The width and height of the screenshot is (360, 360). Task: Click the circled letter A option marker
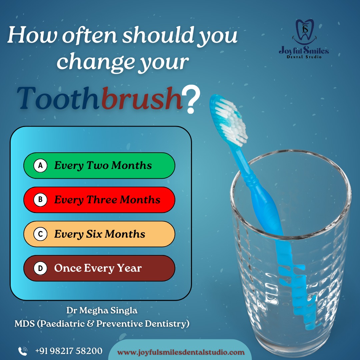(x=40, y=165)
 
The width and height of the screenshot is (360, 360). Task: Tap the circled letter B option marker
(x=40, y=200)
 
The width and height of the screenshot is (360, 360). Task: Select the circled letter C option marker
(x=40, y=234)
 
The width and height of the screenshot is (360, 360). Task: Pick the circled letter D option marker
(x=40, y=268)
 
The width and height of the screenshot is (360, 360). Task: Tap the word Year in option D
(x=129, y=268)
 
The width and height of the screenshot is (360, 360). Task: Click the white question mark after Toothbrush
(x=191, y=99)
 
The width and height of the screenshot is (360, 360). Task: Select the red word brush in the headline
(x=142, y=98)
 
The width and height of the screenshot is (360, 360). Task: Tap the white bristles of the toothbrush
(x=231, y=122)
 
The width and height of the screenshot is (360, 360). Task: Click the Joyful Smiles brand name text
(x=304, y=50)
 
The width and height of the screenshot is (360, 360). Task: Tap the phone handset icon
(x=23, y=351)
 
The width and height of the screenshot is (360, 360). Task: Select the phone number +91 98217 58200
(x=69, y=351)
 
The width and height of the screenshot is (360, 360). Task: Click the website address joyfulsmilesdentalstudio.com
(x=181, y=352)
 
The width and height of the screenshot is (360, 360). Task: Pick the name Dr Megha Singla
(x=102, y=310)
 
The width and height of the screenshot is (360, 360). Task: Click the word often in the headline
(x=90, y=35)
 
